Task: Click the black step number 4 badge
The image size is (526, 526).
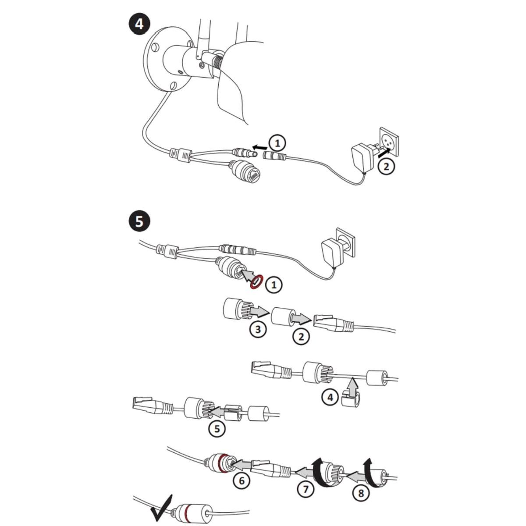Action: point(139,24)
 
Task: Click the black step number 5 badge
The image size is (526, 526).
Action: point(139,221)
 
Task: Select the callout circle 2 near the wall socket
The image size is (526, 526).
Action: point(386,167)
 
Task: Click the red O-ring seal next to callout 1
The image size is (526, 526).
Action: point(256,282)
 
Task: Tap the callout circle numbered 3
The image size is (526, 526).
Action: point(258,329)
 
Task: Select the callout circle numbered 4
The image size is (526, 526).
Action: point(330,398)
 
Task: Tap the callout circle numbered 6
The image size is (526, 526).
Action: point(242,481)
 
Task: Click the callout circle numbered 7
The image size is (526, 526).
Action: point(306,489)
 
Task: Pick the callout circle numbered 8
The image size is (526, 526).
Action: point(361,493)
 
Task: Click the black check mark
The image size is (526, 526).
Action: point(160,508)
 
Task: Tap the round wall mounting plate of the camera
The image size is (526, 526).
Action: point(160,61)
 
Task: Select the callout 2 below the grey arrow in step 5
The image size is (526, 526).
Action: point(301,336)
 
